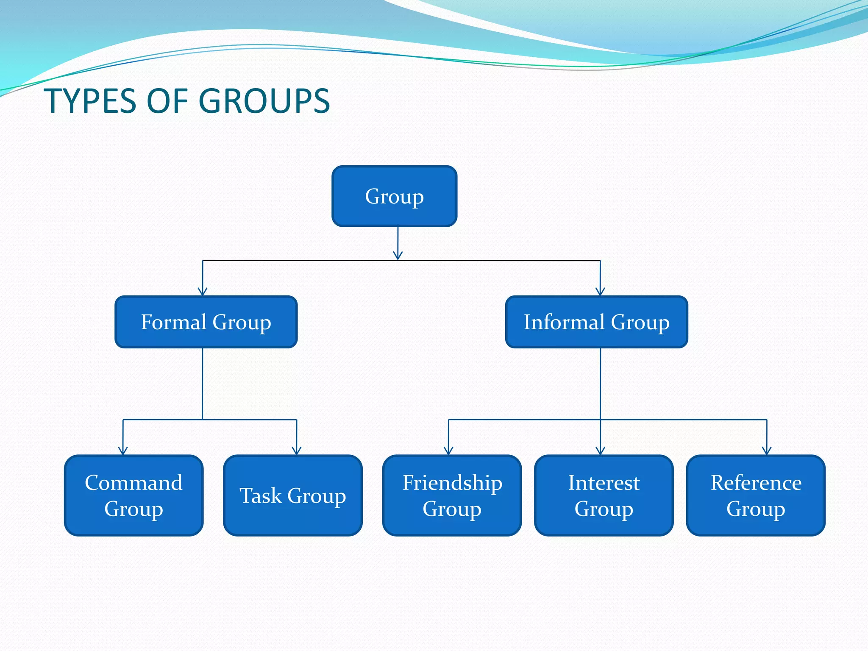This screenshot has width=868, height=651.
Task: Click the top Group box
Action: click(x=394, y=196)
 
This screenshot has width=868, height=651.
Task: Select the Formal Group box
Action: click(x=206, y=322)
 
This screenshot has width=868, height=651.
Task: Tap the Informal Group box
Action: click(x=596, y=322)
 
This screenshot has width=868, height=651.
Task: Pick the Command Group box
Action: click(x=134, y=495)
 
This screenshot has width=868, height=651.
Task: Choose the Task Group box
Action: click(x=292, y=495)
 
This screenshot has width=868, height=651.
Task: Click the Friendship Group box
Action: click(x=452, y=495)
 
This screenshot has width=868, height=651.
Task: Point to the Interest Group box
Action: click(x=604, y=495)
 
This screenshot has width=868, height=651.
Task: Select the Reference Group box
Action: click(x=756, y=495)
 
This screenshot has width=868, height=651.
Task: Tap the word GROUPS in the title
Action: click(x=264, y=101)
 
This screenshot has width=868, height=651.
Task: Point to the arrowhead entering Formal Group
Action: click(x=203, y=292)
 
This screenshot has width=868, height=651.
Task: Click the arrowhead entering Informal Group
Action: click(x=600, y=292)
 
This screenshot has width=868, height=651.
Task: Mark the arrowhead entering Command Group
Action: click(x=123, y=451)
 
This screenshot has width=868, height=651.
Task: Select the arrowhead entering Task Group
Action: click(x=297, y=451)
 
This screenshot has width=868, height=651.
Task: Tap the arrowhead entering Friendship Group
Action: click(x=449, y=451)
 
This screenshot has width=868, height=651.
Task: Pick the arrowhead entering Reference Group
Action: click(x=767, y=451)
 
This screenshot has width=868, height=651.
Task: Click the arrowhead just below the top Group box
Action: click(x=398, y=256)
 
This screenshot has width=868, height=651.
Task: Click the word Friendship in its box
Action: click(x=452, y=483)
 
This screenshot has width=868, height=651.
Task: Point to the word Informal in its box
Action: click(x=564, y=322)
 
